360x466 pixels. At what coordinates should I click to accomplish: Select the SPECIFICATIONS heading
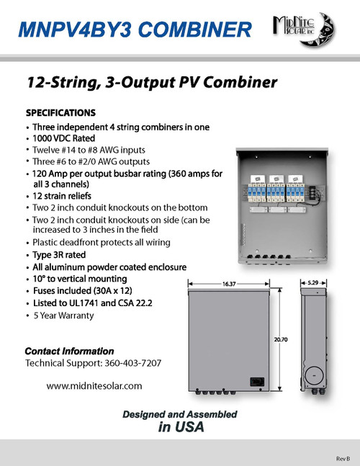pyautogui.click(x=60, y=113)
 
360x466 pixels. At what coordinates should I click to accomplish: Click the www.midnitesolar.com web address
pyautogui.click(x=94, y=386)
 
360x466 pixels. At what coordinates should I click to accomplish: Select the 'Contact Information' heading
pyautogui.click(x=69, y=351)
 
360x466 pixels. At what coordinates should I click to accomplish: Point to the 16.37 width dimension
pyautogui.click(x=230, y=284)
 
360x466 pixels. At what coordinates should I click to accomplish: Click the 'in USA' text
pyautogui.click(x=180, y=426)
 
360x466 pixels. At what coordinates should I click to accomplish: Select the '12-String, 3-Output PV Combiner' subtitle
pyautogui.click(x=151, y=83)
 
